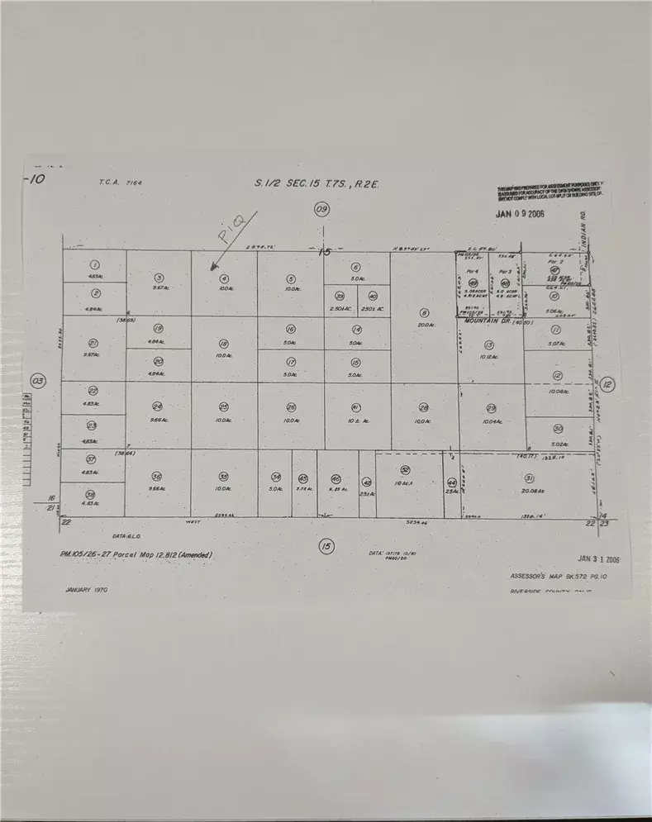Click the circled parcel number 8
(x=424, y=313)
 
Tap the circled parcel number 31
(x=528, y=478)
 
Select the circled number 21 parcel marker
(x=93, y=343)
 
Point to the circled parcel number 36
(x=157, y=477)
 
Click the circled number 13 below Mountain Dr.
(x=489, y=344)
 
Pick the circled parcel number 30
(x=558, y=428)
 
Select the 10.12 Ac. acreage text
(x=489, y=358)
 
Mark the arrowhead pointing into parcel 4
(x=212, y=268)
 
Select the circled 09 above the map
(x=321, y=210)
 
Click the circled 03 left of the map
(x=36, y=381)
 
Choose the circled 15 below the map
(x=326, y=546)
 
